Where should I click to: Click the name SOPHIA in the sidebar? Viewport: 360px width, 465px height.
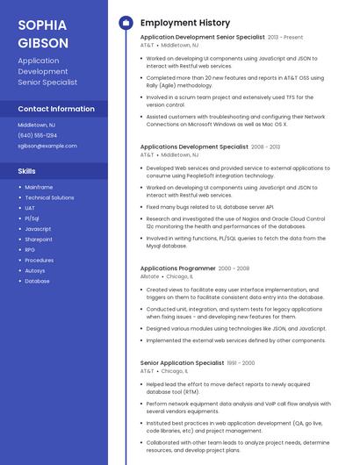[x=42, y=25]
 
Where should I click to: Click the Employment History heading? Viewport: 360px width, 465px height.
[x=185, y=22]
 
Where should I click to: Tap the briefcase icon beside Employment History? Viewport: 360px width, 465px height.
[x=126, y=22]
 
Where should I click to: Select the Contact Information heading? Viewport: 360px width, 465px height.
[x=56, y=109]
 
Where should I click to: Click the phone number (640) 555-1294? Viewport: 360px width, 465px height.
[x=38, y=135]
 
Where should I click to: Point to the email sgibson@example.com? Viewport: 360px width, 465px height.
[x=47, y=146]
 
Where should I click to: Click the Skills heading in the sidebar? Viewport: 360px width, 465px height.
[x=27, y=170]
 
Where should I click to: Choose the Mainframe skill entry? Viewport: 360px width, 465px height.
[x=39, y=187]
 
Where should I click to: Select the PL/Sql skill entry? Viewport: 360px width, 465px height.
[x=32, y=218]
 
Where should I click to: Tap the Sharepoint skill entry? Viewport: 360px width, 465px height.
[x=39, y=240]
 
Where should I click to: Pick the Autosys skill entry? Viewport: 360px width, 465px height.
[x=35, y=271]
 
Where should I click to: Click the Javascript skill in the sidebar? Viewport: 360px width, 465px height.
[x=38, y=229]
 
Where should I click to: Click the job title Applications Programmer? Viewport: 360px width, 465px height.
[x=177, y=268]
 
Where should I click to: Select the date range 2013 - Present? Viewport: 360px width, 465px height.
[x=285, y=38]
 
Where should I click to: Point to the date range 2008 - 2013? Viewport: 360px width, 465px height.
[x=266, y=147]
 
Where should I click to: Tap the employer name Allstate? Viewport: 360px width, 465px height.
[x=150, y=276]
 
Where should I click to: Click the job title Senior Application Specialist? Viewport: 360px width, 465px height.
[x=182, y=362]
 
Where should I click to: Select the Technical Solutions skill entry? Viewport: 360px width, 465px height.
[x=49, y=197]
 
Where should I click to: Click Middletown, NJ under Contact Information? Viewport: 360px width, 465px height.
[x=36, y=125]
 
